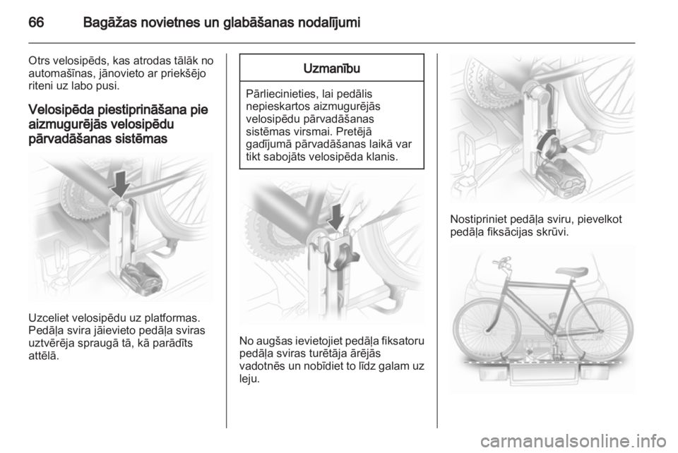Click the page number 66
(x=36, y=22)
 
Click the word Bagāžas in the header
(x=109, y=23)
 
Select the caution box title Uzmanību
(x=332, y=68)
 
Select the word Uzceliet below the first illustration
(x=49, y=318)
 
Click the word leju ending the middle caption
(x=249, y=379)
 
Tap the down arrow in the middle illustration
(x=336, y=217)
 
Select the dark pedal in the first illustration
(x=141, y=279)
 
